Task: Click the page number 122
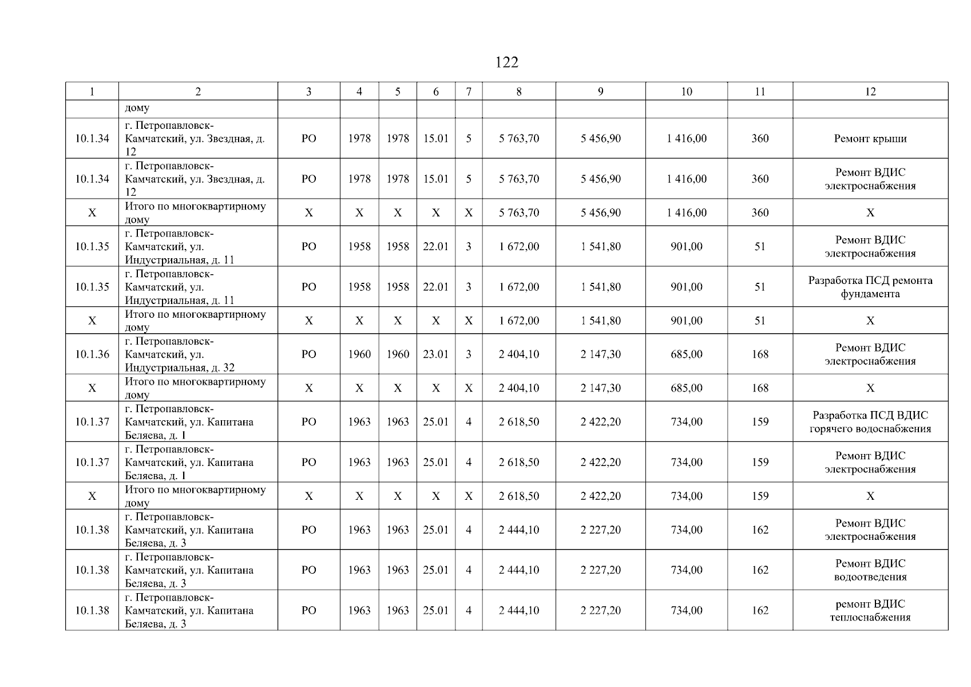tap(506, 62)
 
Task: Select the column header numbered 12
tap(870, 92)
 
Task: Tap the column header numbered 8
tap(518, 92)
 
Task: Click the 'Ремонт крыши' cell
tap(870, 139)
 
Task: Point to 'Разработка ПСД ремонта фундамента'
tap(870, 287)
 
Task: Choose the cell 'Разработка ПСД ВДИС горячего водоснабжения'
tap(870, 422)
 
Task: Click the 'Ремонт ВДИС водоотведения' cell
tap(870, 570)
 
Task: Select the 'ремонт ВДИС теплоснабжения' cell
tap(870, 610)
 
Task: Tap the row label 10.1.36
tap(92, 354)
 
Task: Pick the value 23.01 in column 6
tap(435, 354)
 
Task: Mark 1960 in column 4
tap(359, 354)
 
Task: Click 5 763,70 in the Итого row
tap(518, 213)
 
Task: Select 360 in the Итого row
tap(760, 213)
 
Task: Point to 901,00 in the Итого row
tap(686, 321)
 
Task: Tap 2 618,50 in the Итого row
tap(518, 496)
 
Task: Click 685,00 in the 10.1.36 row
tap(686, 354)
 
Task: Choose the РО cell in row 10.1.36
tap(308, 354)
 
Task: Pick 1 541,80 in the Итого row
tap(600, 321)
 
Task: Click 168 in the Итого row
tap(760, 388)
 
